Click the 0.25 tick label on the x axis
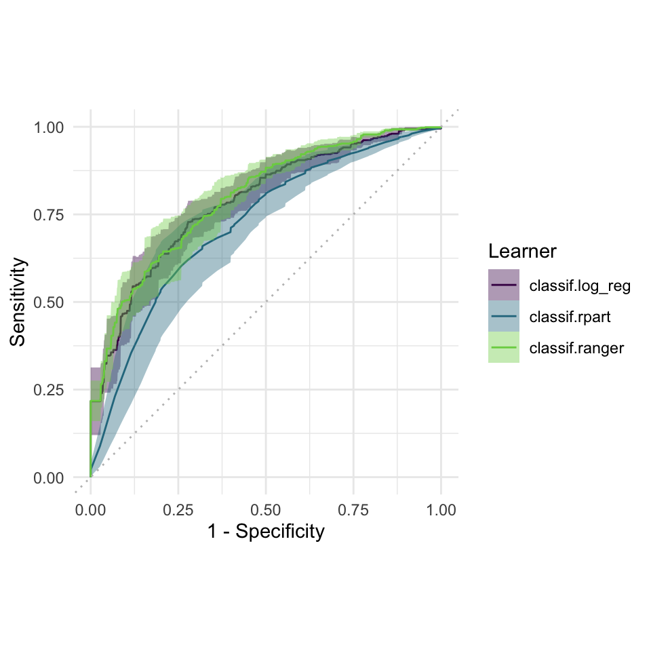(x=178, y=510)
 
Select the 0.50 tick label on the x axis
(x=265, y=510)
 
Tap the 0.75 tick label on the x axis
(x=353, y=510)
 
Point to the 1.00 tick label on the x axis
(x=441, y=510)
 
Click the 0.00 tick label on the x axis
(x=90, y=510)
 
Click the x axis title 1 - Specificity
(x=265, y=532)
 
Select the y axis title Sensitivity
(x=19, y=302)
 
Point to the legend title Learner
(x=522, y=252)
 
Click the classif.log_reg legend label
(x=580, y=285)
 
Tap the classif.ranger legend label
(x=576, y=348)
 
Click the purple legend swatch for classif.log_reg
(x=504, y=285)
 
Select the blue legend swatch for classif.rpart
(x=504, y=316)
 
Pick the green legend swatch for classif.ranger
(x=504, y=347)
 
